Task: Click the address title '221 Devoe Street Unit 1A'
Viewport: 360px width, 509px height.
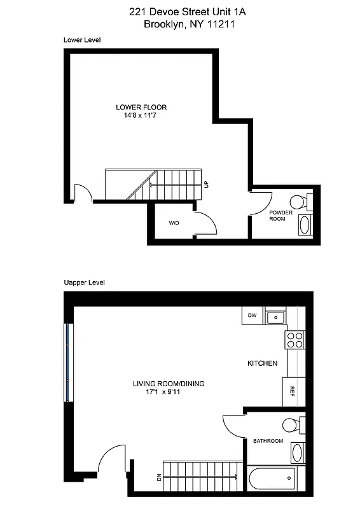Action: click(179, 11)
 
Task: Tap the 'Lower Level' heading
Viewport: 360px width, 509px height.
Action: click(82, 39)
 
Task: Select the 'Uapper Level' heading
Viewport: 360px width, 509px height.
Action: click(84, 282)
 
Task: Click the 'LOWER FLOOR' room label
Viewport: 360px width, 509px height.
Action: click(141, 107)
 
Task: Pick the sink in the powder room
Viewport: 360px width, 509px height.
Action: click(304, 225)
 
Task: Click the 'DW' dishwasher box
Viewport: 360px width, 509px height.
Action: click(252, 315)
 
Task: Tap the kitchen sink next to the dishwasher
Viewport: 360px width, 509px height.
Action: click(276, 316)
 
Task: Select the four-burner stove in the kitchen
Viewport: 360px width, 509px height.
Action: click(295, 340)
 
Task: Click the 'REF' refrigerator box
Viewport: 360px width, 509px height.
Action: click(293, 392)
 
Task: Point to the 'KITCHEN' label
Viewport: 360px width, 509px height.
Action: click(262, 363)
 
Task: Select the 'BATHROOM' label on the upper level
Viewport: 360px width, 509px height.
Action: click(268, 440)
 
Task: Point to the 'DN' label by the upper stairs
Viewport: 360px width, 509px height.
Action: click(158, 477)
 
